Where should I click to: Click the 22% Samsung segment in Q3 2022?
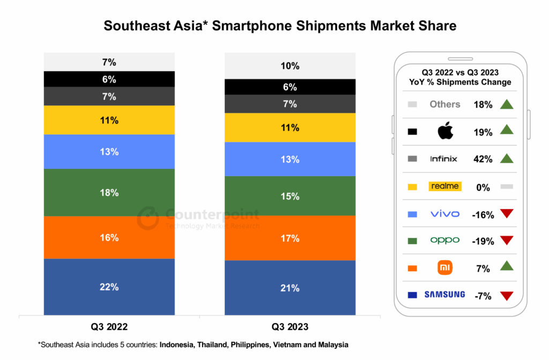click(109, 287)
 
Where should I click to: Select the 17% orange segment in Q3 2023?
click(290, 238)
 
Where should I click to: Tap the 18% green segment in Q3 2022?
click(109, 192)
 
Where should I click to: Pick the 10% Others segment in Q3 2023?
click(290, 66)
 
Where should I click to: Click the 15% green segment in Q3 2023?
click(290, 196)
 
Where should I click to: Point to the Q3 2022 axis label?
click(109, 326)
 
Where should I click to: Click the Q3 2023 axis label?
click(290, 326)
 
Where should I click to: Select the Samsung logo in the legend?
click(444, 295)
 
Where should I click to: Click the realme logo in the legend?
click(444, 186)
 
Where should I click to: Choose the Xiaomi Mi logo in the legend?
click(445, 267)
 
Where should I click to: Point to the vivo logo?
click(445, 214)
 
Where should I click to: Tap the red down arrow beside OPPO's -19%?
click(507, 240)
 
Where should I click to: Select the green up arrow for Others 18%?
click(507, 104)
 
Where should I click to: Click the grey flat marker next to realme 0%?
click(507, 186)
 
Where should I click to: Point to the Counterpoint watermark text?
click(212, 215)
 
